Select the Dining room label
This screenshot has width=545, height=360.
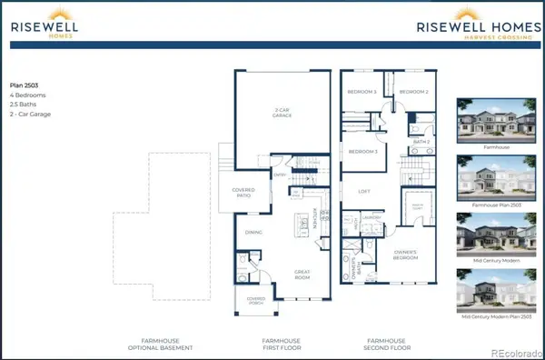coord(253,231)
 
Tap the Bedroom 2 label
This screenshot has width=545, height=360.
coord(413,92)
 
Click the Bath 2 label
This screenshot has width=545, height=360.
coord(420,142)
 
